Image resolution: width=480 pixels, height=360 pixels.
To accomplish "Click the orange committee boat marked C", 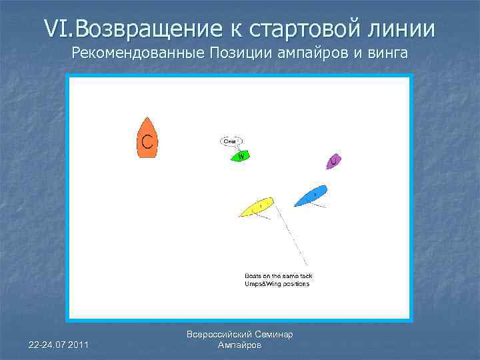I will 147,139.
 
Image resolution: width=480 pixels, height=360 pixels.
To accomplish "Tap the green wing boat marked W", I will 241,156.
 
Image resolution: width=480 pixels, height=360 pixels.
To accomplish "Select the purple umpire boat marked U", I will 333,161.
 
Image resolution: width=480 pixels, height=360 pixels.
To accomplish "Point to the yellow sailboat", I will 257,207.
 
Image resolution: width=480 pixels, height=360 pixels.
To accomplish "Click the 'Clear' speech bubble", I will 231,141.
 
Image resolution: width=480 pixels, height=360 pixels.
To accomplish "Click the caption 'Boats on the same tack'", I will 279,275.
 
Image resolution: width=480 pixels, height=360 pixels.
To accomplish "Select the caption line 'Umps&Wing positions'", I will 277,284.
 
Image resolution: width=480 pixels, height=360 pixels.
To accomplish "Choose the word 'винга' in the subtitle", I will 383,53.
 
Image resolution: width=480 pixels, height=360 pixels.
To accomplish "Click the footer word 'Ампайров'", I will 240,345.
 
